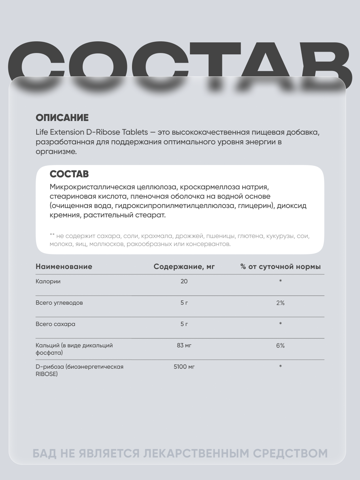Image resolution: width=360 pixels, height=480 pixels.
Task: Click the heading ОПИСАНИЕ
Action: (62, 118)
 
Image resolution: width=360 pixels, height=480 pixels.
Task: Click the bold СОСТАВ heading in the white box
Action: (69, 174)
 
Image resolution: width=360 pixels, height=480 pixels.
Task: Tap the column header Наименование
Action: (64, 267)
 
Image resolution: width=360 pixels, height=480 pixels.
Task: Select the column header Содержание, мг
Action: (184, 267)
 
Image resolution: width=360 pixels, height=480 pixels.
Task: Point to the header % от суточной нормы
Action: (280, 267)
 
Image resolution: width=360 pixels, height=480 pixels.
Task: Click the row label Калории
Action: (48, 281)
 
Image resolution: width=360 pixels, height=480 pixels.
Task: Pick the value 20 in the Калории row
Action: (184, 281)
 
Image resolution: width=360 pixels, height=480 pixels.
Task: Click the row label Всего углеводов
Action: (59, 303)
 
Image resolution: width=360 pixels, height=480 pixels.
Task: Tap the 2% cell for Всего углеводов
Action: (280, 303)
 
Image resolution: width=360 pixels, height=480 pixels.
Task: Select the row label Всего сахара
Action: (55, 324)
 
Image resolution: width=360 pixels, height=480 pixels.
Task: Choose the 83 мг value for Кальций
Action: (184, 345)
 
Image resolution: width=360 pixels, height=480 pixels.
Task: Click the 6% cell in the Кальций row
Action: (280, 345)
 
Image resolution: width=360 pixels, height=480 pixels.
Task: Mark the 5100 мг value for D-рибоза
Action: (184, 367)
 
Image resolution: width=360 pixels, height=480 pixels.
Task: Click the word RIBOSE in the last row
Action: (47, 374)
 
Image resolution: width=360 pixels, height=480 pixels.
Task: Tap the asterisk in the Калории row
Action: (280, 281)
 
